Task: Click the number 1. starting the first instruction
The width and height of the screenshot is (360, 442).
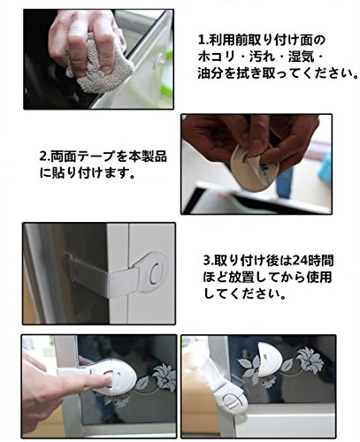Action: [203, 40]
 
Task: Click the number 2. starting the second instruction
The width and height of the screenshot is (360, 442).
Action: [45, 156]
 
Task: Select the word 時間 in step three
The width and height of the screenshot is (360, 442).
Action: [321, 261]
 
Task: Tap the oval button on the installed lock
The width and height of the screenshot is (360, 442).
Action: [155, 273]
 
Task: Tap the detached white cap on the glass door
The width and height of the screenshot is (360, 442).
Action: [270, 357]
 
